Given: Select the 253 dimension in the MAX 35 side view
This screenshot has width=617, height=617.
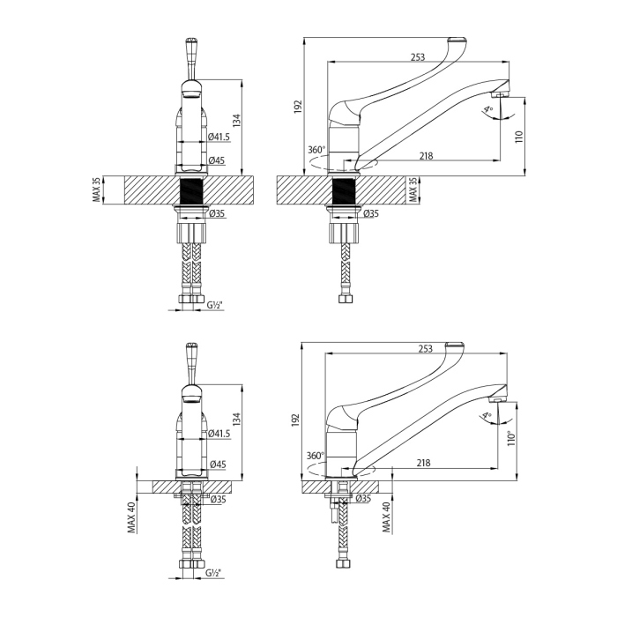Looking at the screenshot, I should (x=417, y=56).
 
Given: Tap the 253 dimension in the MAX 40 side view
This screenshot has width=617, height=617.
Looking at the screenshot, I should (x=425, y=350).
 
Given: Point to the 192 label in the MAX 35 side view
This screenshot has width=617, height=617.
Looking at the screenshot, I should (x=299, y=106).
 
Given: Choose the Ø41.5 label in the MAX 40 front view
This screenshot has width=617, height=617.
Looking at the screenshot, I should (x=220, y=433).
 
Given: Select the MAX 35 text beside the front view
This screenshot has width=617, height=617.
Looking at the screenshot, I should (x=96, y=190).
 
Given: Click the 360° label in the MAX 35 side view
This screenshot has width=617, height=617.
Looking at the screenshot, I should (x=317, y=150).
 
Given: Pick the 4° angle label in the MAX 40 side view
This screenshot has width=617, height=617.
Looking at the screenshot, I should (x=486, y=415).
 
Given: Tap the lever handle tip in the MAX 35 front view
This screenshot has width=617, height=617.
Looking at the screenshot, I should (x=192, y=43).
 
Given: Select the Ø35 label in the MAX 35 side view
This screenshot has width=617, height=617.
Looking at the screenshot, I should (x=371, y=213).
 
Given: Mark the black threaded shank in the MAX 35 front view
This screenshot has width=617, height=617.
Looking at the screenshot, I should (x=192, y=190).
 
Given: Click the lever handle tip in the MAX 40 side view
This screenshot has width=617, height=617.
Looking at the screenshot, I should (x=455, y=343).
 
